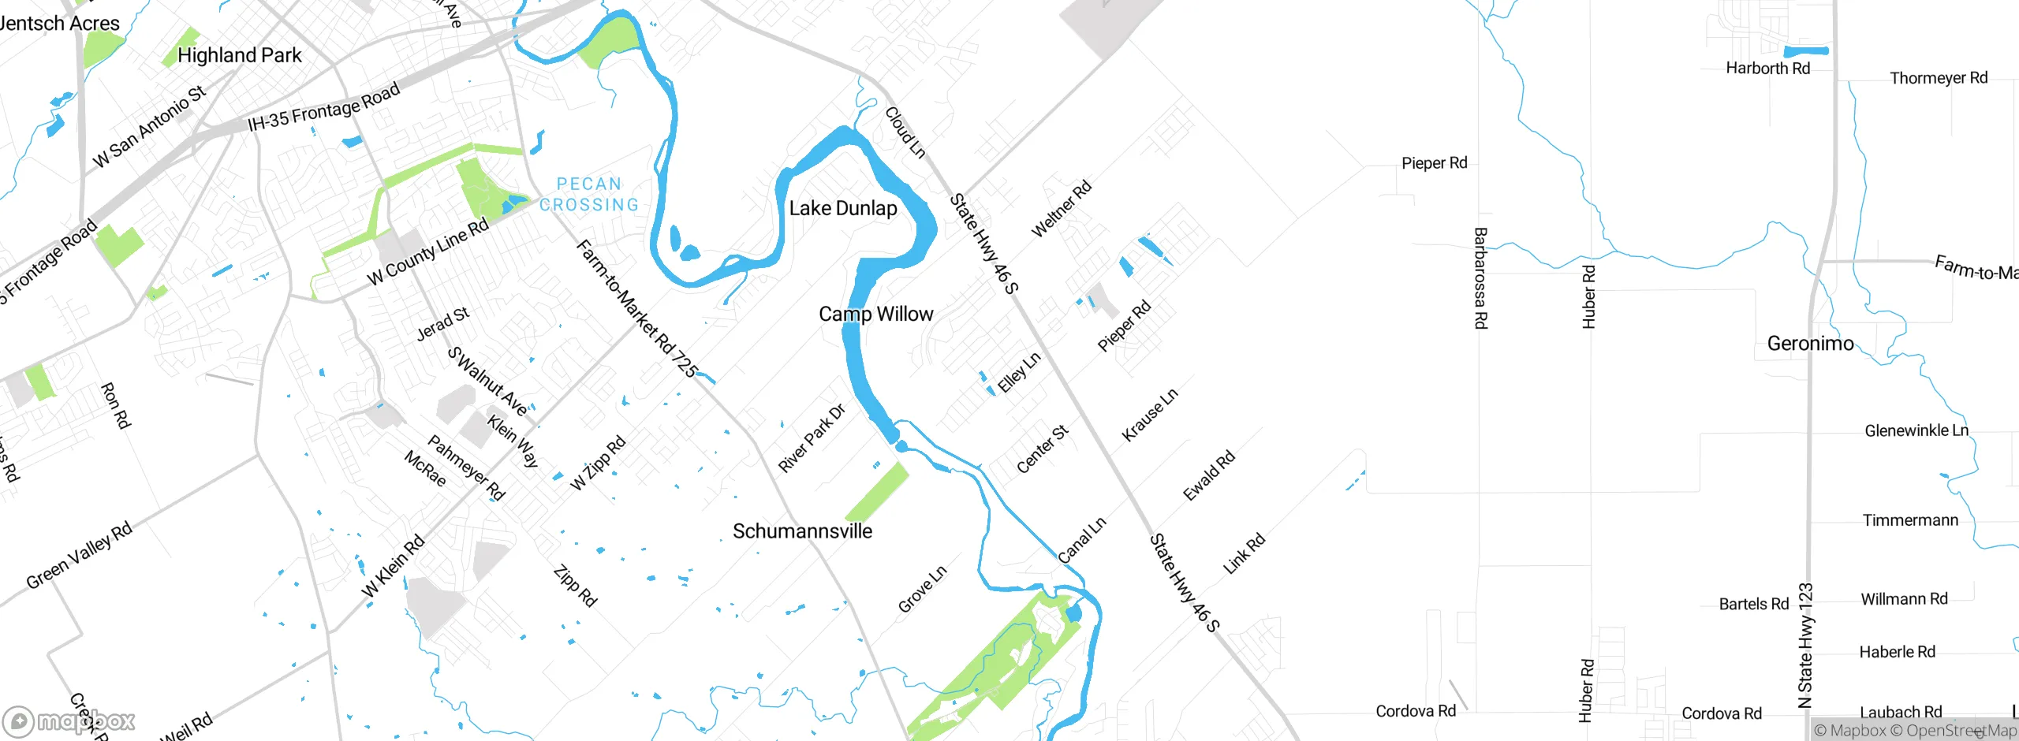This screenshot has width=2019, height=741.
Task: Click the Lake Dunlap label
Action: pos(843,208)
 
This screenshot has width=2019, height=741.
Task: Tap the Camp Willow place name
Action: pos(875,314)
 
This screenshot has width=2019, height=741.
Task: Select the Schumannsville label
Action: pos(802,531)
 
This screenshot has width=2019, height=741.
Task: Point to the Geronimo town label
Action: pos(1810,344)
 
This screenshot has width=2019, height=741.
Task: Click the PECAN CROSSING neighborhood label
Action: pos(589,195)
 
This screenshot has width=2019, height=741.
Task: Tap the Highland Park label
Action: pos(239,55)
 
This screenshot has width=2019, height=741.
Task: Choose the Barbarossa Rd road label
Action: pos(1480,277)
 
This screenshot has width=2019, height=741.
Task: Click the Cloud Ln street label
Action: pos(905,132)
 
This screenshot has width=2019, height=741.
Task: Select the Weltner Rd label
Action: pos(1062,208)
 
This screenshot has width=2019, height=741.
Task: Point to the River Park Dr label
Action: pos(812,438)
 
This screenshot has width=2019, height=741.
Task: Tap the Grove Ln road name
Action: pos(922,589)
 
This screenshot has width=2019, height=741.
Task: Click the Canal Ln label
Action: pos(1082,540)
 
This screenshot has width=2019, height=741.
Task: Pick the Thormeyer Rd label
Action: pos(1939,78)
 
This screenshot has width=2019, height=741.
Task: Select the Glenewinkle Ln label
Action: pos(1916,430)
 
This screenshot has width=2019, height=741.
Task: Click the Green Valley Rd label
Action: pos(79,556)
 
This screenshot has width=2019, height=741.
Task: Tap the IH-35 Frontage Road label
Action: pos(324,108)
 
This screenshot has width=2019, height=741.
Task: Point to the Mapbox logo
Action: pos(69,721)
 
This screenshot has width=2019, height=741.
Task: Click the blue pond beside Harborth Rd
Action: pos(1806,51)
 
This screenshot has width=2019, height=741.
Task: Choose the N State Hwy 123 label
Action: pos(1805,646)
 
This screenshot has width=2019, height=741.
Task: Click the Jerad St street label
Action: pos(443,323)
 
